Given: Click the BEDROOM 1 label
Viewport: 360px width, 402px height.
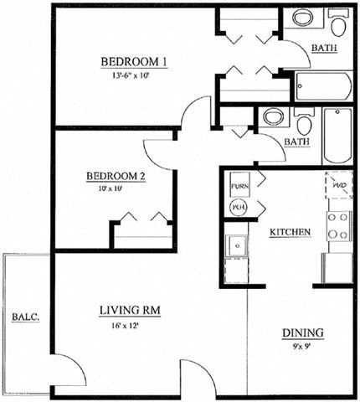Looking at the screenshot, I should (x=134, y=61).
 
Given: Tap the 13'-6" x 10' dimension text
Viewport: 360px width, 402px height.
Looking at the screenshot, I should (x=134, y=75).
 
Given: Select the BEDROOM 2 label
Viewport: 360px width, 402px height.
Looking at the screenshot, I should (x=116, y=176).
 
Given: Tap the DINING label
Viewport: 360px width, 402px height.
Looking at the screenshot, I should (x=302, y=332).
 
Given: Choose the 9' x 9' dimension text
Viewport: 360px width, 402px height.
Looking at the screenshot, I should (x=302, y=345).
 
